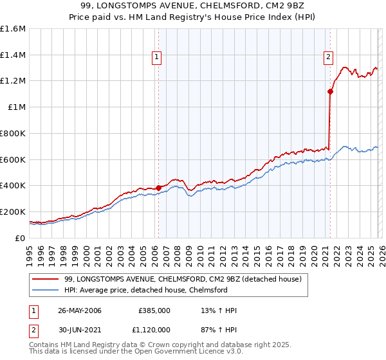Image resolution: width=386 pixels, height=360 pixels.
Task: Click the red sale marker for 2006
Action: click(x=158, y=188)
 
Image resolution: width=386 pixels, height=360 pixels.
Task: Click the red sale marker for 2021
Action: click(x=330, y=91)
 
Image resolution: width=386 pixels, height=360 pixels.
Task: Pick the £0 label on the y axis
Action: click(x=21, y=238)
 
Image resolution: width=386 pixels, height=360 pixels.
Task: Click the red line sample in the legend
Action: click(x=46, y=279)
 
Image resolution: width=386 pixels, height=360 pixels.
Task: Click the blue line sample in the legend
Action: click(x=46, y=290)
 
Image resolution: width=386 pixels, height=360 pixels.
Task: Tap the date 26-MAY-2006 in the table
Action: click(x=80, y=310)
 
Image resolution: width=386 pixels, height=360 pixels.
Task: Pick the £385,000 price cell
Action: click(x=155, y=310)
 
